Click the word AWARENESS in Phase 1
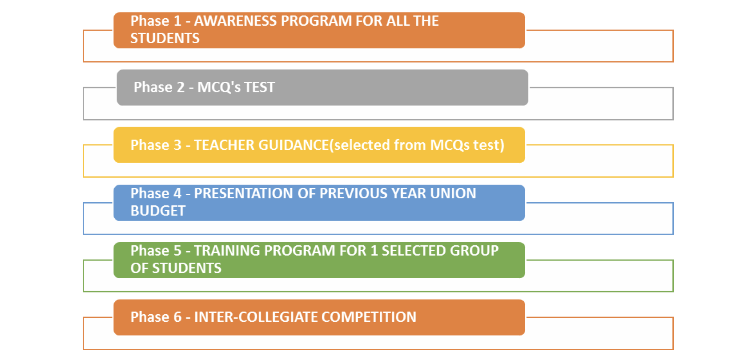coord(235,21)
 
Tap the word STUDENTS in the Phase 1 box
coord(165,39)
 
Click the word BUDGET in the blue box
coord(158,211)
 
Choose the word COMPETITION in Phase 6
coord(369,317)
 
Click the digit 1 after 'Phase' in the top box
coord(177,21)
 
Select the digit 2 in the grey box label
coord(181,87)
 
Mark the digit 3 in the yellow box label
coord(177,145)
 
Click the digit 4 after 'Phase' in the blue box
coord(177,194)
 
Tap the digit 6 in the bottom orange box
coord(177,317)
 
